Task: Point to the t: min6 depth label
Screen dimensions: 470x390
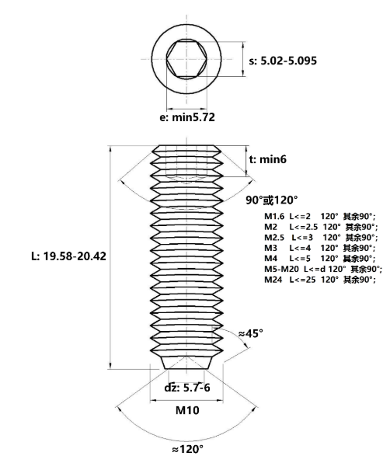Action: point(268,159)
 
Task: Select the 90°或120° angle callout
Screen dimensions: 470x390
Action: point(272,200)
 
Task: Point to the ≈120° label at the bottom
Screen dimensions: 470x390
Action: point(190,448)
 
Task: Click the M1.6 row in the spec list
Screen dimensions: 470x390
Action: point(319,216)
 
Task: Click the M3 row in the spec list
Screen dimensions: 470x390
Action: point(319,247)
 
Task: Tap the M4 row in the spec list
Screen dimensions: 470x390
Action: point(319,257)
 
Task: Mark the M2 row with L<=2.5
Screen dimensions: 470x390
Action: point(319,226)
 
